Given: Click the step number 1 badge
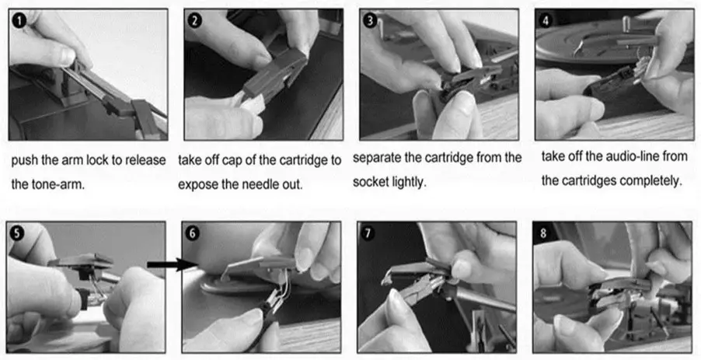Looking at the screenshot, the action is coord(19,19).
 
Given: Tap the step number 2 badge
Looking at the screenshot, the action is coord(195,20).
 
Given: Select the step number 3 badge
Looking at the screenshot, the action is coord(370,20).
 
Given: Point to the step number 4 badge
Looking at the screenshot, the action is coord(546,19).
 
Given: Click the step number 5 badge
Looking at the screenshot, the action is coord(17,233).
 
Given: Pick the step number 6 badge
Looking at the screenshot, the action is coord(192,233).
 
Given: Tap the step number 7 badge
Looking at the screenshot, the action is coord(368,233).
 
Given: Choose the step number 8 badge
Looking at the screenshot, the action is coord(543,233).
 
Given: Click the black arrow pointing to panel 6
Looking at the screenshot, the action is coord(172,264).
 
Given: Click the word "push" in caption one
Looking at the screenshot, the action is coord(25,160).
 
